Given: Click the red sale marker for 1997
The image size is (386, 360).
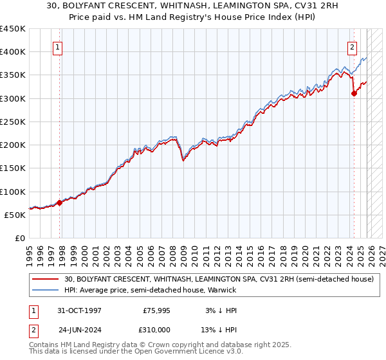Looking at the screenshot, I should pyautogui.click(x=60, y=203).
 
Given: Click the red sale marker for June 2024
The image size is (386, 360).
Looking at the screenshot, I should pyautogui.click(x=354, y=93).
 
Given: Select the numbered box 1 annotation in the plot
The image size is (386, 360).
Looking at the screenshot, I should pyautogui.click(x=58, y=47).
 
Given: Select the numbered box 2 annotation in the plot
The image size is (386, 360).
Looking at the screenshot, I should pyautogui.click(x=353, y=47).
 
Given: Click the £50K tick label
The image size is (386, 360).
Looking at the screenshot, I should pyautogui.click(x=15, y=215).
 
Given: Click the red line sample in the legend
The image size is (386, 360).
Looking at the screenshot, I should pyautogui.click(x=46, y=279).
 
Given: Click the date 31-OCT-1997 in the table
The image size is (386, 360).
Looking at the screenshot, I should pyautogui.click(x=79, y=310).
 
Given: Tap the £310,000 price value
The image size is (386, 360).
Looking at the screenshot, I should pyautogui.click(x=156, y=329).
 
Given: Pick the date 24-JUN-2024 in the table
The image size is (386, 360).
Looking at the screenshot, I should pyautogui.click(x=79, y=329).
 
